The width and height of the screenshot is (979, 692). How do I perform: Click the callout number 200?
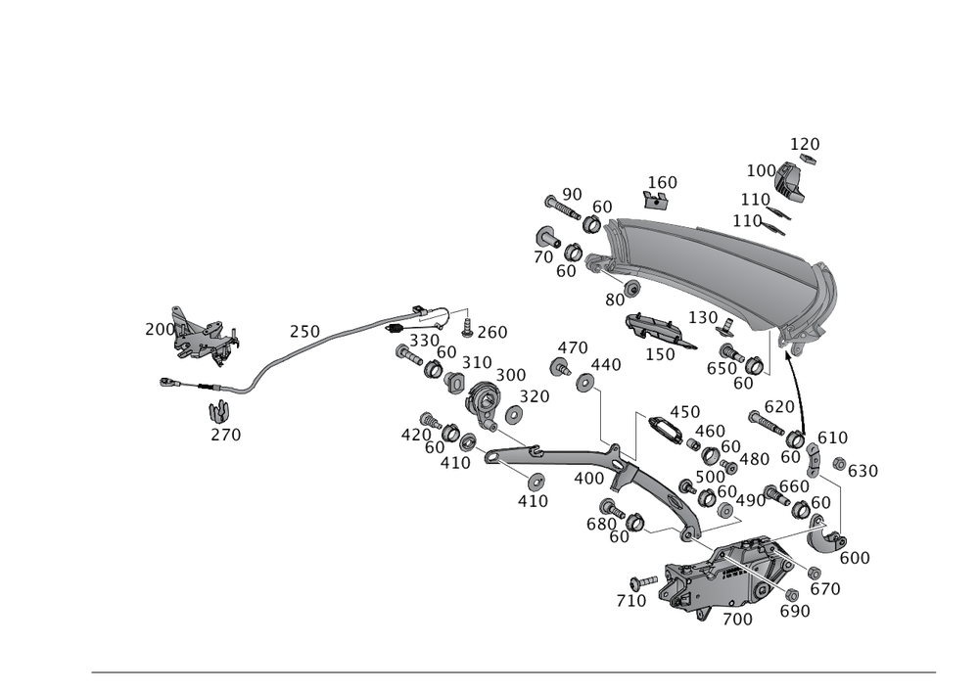[x=160, y=329]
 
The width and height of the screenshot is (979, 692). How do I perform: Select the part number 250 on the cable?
[x=304, y=332]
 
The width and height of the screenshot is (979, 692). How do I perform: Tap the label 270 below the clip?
[x=225, y=435]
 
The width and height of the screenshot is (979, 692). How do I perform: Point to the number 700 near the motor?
[x=737, y=619]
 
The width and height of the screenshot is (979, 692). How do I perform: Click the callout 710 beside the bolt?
[x=630, y=601]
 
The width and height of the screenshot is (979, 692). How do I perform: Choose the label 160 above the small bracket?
[x=663, y=182]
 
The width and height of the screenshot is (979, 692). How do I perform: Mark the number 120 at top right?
[x=805, y=144]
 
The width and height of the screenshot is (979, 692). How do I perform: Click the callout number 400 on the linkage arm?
[x=588, y=479]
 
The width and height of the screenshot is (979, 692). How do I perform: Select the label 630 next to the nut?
[x=862, y=471]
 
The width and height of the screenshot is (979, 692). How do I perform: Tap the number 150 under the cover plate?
[x=660, y=353]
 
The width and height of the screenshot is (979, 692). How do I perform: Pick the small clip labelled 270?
[x=218, y=411]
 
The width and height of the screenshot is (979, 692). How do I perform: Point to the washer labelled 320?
[x=514, y=413]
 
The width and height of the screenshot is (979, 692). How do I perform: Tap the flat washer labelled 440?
[x=585, y=382]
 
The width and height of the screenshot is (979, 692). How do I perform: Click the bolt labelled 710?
[x=644, y=582]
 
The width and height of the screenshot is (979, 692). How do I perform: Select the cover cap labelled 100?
[x=790, y=182]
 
